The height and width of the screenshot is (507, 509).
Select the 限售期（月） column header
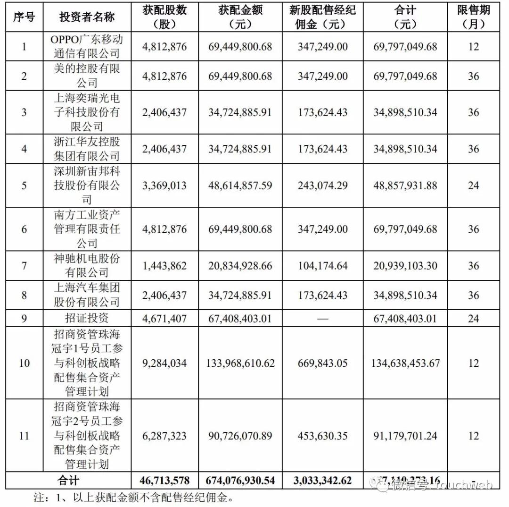click(473, 17)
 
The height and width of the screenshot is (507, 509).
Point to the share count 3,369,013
click(164, 186)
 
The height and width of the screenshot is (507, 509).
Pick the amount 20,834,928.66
click(240, 266)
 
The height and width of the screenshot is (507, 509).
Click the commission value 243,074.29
click(323, 186)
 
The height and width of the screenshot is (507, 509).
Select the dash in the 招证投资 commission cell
click(323, 319)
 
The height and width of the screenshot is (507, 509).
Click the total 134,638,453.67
click(406, 363)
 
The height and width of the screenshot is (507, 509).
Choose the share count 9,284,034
click(164, 363)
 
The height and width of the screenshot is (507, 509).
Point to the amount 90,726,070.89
click(240, 436)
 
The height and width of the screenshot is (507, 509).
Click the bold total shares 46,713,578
click(164, 481)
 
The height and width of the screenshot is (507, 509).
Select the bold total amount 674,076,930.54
click(240, 481)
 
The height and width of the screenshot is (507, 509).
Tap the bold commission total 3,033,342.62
click(323, 481)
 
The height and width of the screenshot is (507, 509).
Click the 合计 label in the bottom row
click(69, 481)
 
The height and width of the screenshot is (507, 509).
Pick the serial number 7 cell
click(24, 266)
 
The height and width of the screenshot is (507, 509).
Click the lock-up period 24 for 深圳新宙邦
click(473, 186)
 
